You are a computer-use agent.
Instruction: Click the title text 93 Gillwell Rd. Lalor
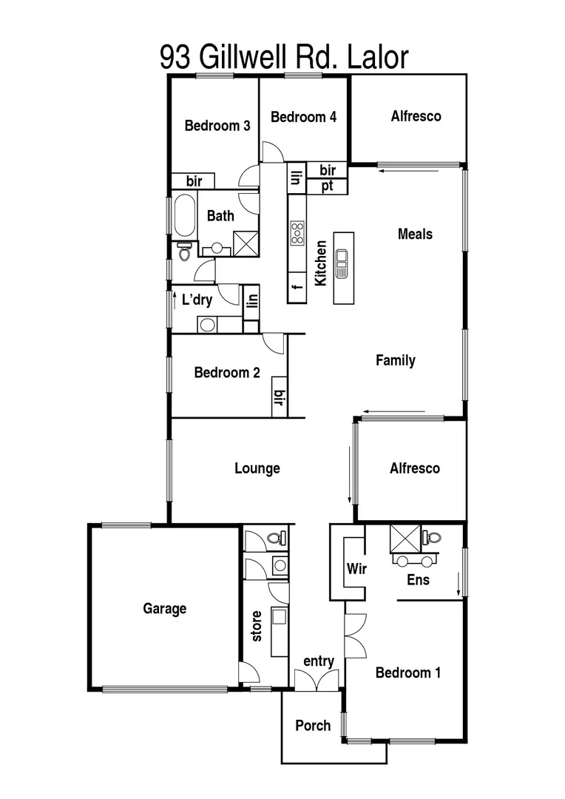click(283, 57)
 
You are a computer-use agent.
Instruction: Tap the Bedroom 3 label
click(217, 126)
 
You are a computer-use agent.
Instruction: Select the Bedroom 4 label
click(303, 117)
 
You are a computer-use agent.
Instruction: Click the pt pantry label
click(327, 186)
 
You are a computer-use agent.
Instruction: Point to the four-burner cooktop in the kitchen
click(298, 232)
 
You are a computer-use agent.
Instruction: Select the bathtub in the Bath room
click(183, 215)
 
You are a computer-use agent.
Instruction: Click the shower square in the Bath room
click(245, 243)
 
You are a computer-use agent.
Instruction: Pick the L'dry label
click(197, 300)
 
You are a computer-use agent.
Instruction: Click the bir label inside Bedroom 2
click(280, 398)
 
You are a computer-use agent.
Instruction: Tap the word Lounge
click(257, 468)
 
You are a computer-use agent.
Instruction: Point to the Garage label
click(164, 609)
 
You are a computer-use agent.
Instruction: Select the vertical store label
click(257, 626)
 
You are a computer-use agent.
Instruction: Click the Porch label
click(313, 725)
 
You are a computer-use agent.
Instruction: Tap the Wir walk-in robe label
click(357, 570)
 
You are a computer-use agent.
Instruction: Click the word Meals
click(415, 234)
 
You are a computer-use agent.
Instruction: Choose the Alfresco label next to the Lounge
click(415, 468)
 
